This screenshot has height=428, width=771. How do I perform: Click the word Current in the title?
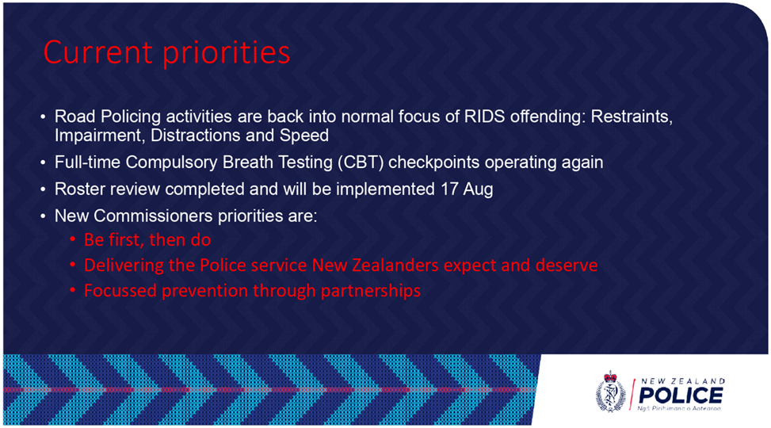pos(97,52)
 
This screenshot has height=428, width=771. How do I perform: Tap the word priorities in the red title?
pos(227,53)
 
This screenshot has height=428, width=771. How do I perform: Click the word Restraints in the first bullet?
pos(632,117)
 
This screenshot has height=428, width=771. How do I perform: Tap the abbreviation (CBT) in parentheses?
pos(361,162)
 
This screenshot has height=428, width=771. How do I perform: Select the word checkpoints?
pos(433,162)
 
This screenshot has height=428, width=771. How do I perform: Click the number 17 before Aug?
pos(449,189)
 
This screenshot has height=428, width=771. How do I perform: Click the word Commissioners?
pos(153,216)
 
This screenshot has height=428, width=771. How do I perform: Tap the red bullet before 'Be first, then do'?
pos(72,240)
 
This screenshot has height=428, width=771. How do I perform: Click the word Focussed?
pos(120,291)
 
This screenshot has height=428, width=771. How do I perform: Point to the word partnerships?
pos(371,291)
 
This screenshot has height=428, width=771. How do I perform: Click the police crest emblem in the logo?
pos(611,392)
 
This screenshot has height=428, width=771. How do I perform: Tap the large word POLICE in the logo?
pos(681,395)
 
